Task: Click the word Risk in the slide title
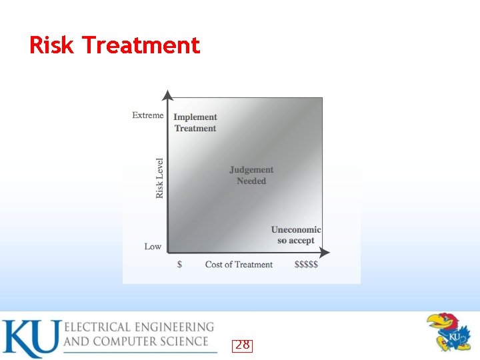(52, 45)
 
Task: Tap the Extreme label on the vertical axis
(147, 115)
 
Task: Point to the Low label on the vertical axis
(153, 247)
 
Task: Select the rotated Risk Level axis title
(160, 178)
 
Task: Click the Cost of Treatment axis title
(239, 265)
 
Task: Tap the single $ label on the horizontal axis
(179, 265)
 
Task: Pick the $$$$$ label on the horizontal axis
(306, 265)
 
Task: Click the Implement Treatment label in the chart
(195, 123)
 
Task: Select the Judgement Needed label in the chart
(251, 175)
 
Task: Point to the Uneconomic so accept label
(296, 235)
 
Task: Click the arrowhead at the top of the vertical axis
(168, 95)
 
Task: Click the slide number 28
(243, 345)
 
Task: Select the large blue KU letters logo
(31, 339)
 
